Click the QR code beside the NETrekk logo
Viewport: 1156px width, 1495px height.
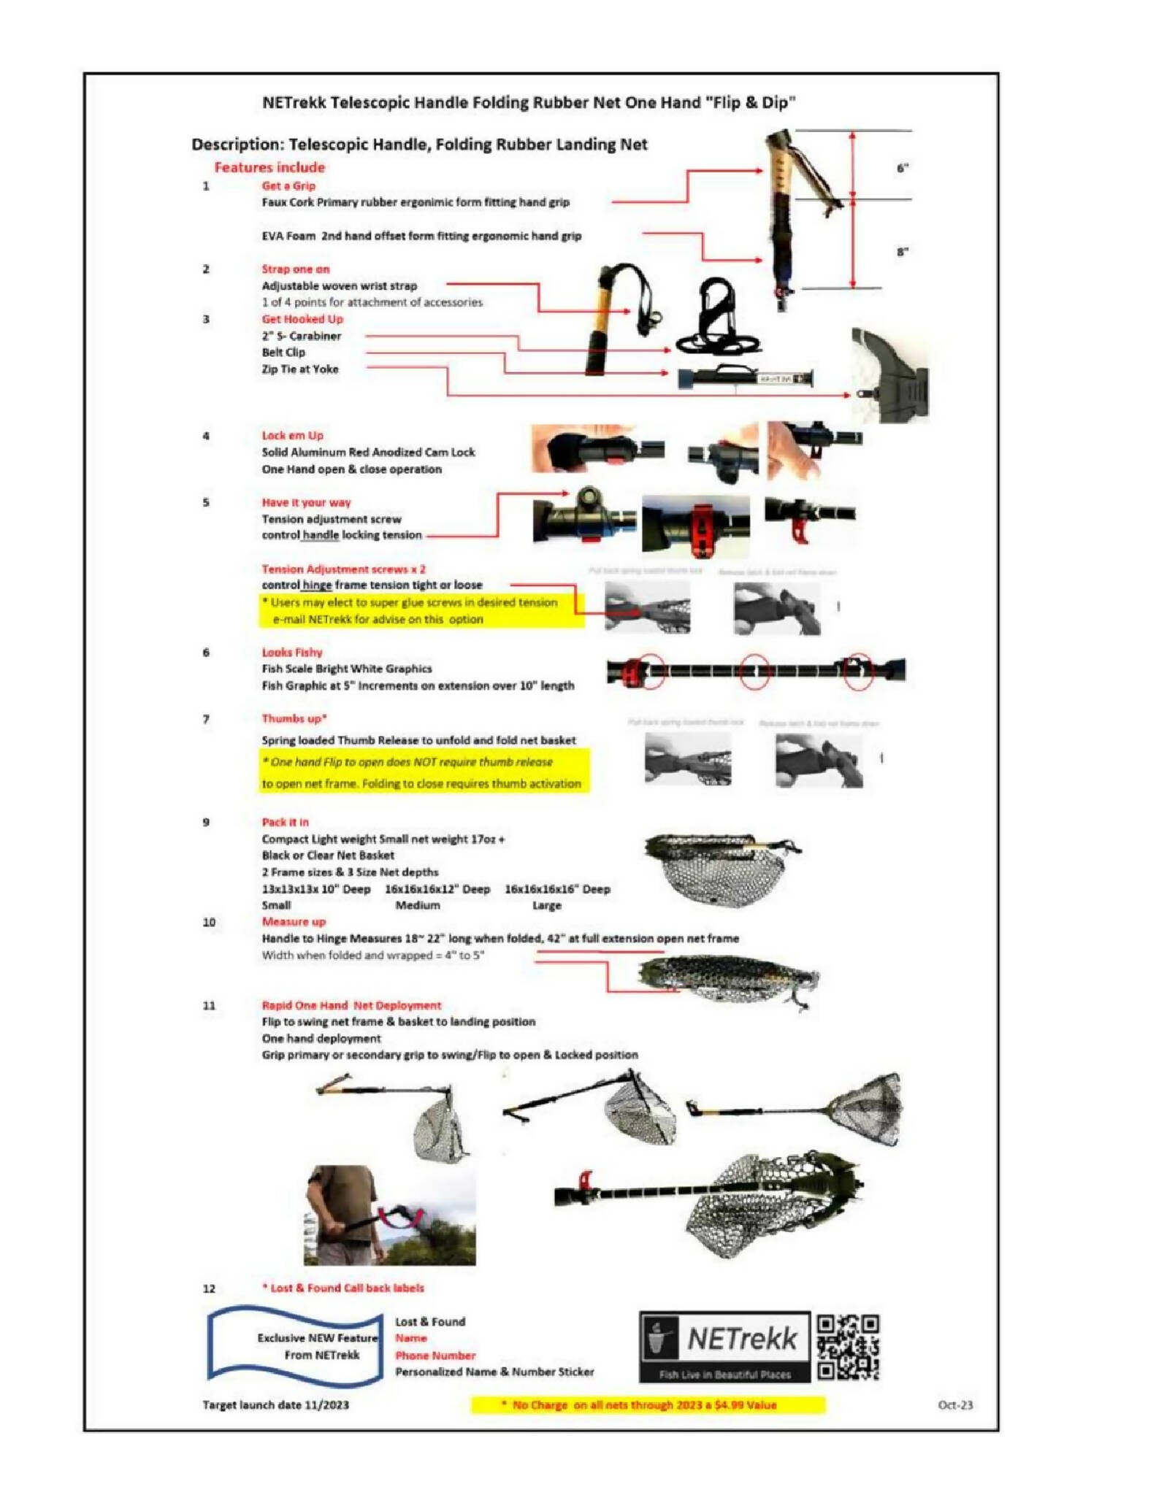[x=847, y=1347]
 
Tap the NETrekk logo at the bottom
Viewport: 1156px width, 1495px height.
[x=724, y=1346]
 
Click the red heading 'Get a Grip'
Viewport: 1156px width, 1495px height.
[x=288, y=185]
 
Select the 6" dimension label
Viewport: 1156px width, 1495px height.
[x=903, y=169]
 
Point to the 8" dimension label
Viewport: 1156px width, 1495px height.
[x=903, y=252]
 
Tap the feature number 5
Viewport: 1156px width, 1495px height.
[x=206, y=502]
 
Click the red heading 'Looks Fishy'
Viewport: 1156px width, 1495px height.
[x=292, y=652]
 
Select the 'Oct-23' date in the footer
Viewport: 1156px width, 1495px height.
[x=955, y=1405]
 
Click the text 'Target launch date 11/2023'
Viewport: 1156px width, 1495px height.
[x=275, y=1405]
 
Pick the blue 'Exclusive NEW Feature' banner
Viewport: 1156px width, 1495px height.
[x=296, y=1347]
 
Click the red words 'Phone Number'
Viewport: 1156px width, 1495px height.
[x=435, y=1356]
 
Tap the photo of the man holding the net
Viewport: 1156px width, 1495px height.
[x=389, y=1215]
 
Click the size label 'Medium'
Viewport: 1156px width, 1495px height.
[x=418, y=905]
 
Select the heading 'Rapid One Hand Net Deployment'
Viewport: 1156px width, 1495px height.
[x=351, y=1005]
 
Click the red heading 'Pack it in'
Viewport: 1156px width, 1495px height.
[x=285, y=822]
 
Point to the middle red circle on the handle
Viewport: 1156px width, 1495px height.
[x=754, y=670]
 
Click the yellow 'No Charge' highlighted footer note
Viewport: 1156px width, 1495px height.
[x=647, y=1405]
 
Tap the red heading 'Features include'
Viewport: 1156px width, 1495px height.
[x=269, y=167]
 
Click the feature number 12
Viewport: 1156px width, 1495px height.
[x=209, y=1288]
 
